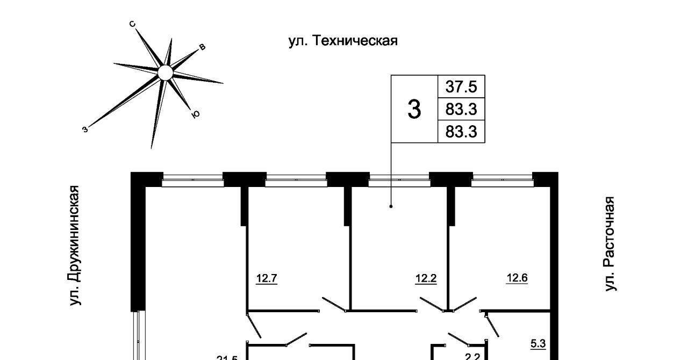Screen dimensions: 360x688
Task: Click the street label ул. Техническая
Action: click(x=343, y=41)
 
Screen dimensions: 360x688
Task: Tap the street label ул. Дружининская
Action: click(x=75, y=246)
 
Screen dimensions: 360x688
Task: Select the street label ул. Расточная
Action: click(x=609, y=244)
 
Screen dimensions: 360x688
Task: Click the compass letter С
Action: click(x=132, y=24)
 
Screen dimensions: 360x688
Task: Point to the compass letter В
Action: click(x=202, y=47)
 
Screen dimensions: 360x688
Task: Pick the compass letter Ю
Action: click(x=196, y=114)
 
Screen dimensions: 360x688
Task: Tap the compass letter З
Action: click(x=85, y=128)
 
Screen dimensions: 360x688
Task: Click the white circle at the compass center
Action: click(x=166, y=73)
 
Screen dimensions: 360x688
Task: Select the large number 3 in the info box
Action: click(x=414, y=109)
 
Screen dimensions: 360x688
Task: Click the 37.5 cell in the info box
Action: click(x=461, y=87)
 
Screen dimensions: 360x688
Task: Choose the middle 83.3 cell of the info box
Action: click(x=461, y=110)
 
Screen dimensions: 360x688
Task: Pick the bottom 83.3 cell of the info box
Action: click(x=461, y=132)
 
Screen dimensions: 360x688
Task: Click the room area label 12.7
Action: click(x=266, y=278)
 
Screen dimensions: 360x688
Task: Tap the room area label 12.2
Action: click(x=425, y=278)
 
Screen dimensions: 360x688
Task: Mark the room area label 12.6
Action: click(x=517, y=278)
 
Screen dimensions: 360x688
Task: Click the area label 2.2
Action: click(x=471, y=355)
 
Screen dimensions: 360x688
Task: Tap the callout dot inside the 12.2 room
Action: click(x=391, y=206)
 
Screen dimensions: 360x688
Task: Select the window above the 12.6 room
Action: click(x=502, y=179)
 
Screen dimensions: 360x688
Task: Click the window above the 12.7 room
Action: click(x=296, y=179)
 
